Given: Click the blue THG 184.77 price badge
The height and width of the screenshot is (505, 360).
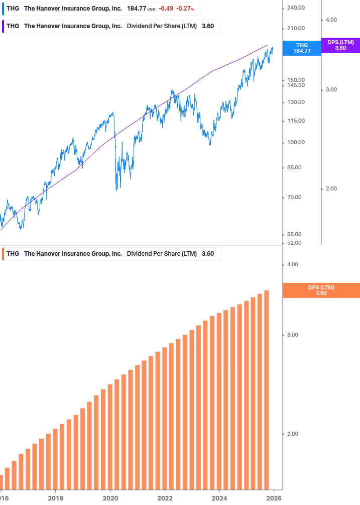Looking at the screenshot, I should pyautogui.click(x=302, y=48).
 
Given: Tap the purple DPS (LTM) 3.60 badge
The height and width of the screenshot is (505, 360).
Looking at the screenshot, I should pyautogui.click(x=340, y=45).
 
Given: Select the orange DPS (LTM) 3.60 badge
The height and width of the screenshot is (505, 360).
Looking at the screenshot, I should pyautogui.click(x=321, y=290).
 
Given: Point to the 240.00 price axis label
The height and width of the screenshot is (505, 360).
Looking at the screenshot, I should pyautogui.click(x=296, y=8).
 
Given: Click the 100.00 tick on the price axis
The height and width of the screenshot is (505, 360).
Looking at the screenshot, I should pyautogui.click(x=296, y=142).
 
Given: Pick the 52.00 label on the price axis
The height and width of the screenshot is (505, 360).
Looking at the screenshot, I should pyautogui.click(x=294, y=243).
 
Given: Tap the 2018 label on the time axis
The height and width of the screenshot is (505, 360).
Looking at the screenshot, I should pyautogui.click(x=55, y=498).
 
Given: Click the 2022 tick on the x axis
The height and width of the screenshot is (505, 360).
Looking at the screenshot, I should pyautogui.click(x=165, y=498).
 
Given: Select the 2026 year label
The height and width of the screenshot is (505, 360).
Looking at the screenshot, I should pyautogui.click(x=273, y=498).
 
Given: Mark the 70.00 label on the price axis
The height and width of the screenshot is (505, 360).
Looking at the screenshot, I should pyautogui.click(x=294, y=197).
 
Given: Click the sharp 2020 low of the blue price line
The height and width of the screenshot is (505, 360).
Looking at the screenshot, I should pyautogui.click(x=116, y=189).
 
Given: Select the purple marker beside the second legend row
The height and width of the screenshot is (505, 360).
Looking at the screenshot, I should pyautogui.click(x=4, y=26).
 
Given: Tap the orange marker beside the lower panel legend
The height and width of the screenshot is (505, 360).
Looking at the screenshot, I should pyautogui.click(x=4, y=254).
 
